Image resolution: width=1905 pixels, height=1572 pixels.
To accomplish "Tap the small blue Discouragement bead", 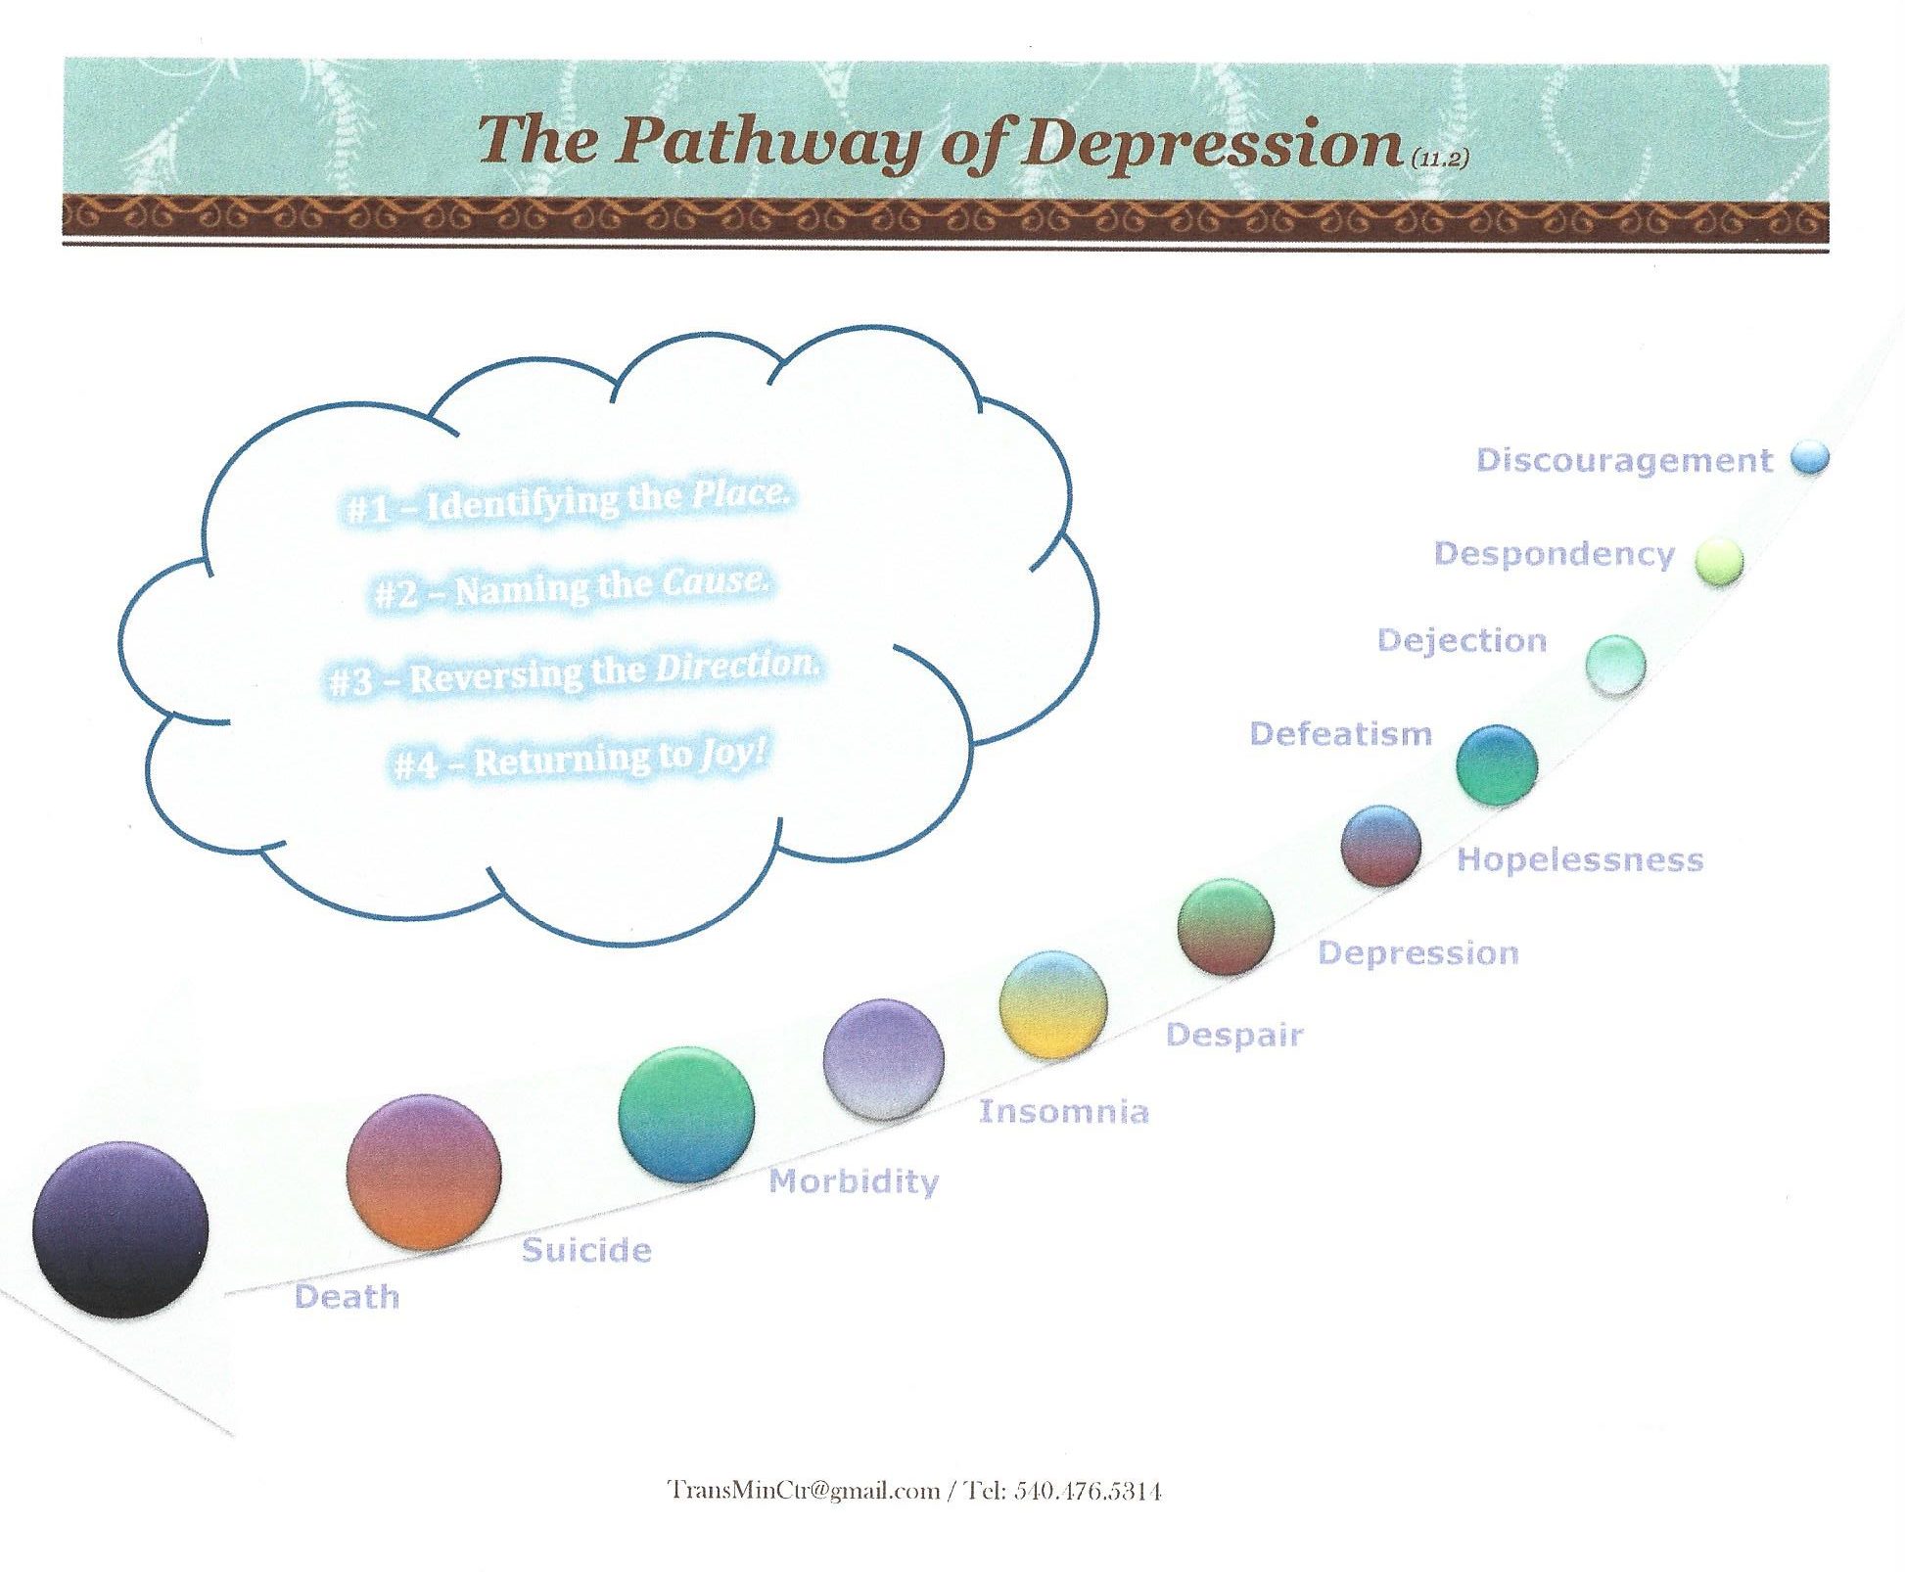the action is tap(1809, 458).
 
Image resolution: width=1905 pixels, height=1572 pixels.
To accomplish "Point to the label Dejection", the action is tap(1462, 640).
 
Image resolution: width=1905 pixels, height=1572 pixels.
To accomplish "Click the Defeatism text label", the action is tap(1340, 733).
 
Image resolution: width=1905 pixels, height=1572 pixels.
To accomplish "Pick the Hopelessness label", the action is tap(1580, 859).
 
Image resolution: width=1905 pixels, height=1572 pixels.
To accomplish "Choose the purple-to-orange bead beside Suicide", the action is tap(424, 1172).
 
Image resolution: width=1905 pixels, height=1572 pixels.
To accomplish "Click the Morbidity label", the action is tap(854, 1181).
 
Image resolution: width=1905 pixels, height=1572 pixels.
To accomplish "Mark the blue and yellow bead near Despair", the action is tap(1053, 1004).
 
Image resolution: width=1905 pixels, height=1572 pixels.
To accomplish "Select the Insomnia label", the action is tap(1064, 1111).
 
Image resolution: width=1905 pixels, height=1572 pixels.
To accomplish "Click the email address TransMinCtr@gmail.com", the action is tap(803, 1491).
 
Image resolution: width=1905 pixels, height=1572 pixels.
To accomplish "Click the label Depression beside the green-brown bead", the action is tap(1418, 953).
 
